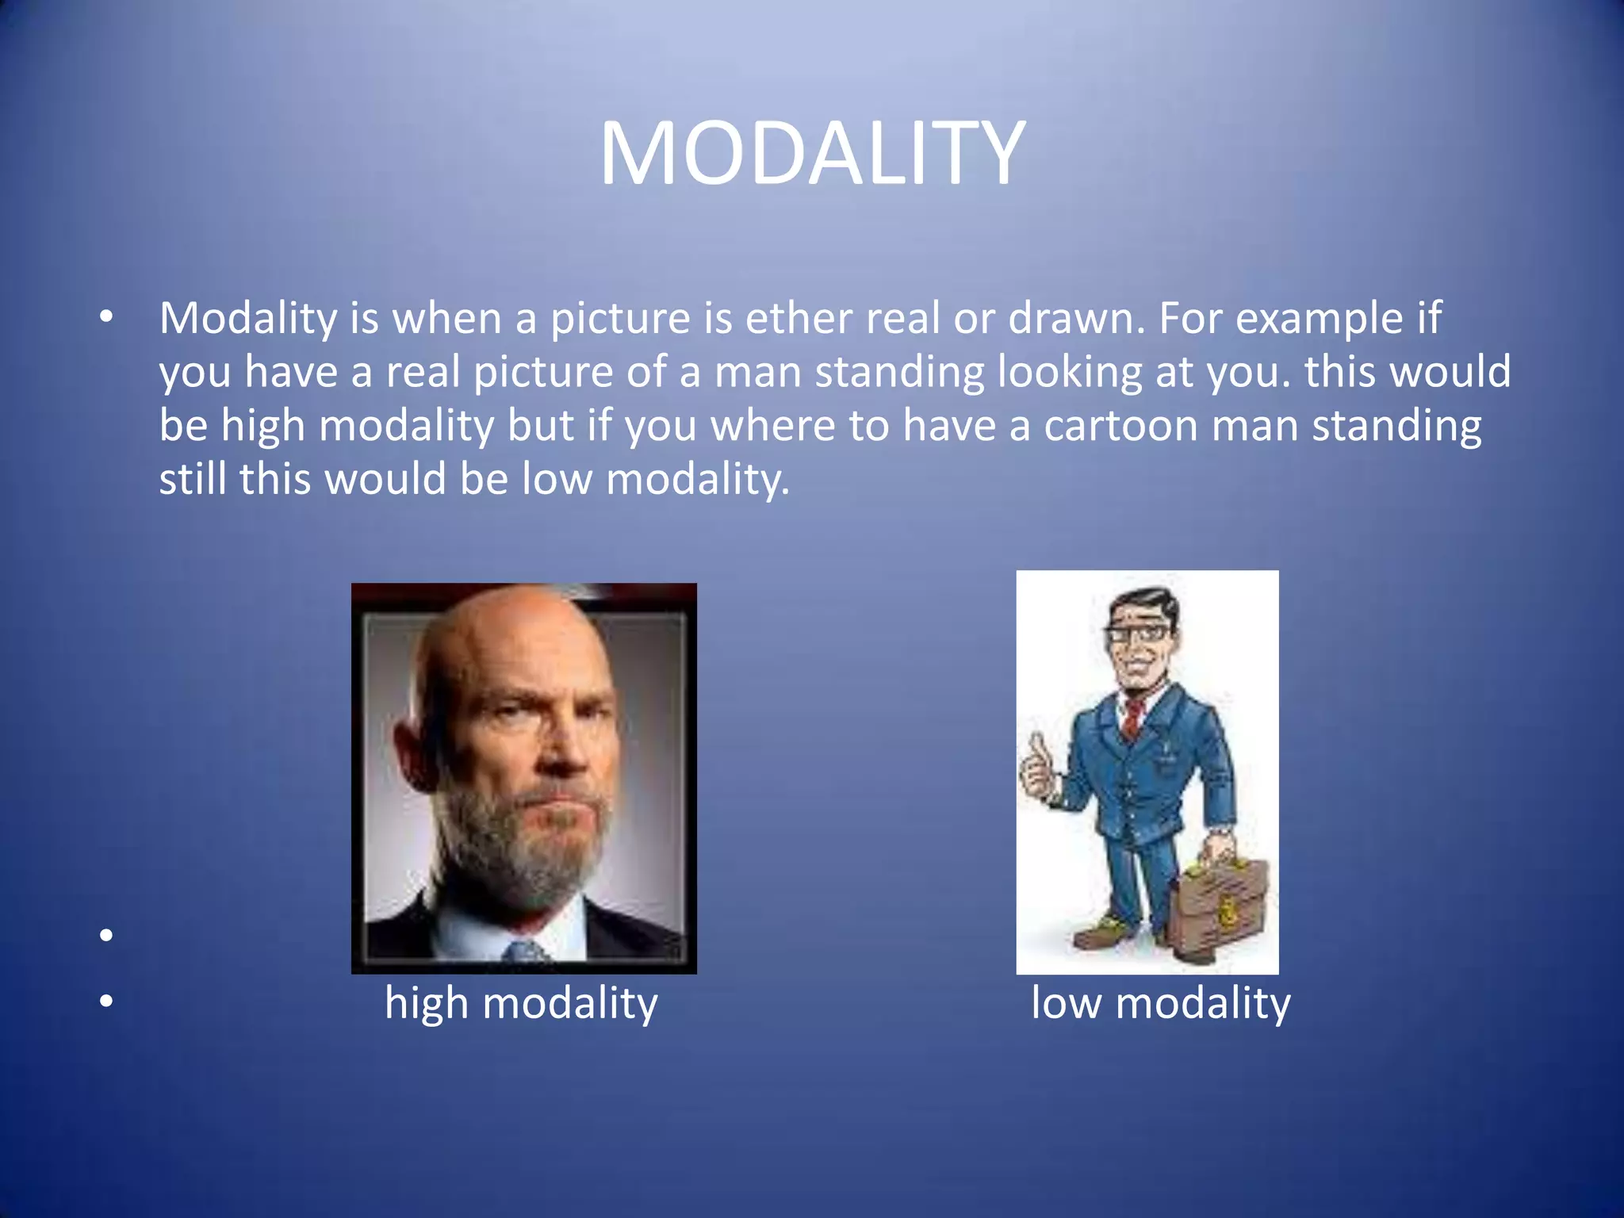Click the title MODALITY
pos(812,153)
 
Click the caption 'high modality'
pos(521,1003)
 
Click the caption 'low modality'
pos(1160,1003)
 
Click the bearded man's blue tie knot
pos(526,952)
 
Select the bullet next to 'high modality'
pos(107,1002)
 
